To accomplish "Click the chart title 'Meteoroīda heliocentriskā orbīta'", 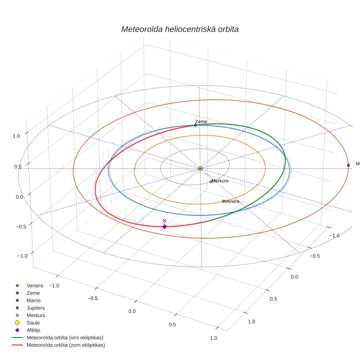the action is click(180, 30).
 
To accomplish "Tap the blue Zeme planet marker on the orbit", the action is click(195, 125).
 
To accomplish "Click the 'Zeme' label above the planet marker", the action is click(201, 121).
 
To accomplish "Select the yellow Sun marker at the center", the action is click(200, 169).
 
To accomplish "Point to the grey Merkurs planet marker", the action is click(211, 181).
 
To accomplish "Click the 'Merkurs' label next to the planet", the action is click(220, 181).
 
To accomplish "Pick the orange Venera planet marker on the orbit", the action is click(223, 201).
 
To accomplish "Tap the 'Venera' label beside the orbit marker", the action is click(232, 201).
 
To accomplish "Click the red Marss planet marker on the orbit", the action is click(348, 165).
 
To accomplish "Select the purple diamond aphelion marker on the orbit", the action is click(165, 227).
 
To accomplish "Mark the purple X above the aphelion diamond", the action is click(164, 220).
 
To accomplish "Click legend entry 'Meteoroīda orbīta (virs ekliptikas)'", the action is click(58, 338).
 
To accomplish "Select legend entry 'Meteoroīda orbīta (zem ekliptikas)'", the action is click(59, 345).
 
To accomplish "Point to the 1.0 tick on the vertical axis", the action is click(16, 136).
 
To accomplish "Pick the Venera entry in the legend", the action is click(29, 286).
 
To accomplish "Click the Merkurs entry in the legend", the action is click(30, 315).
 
